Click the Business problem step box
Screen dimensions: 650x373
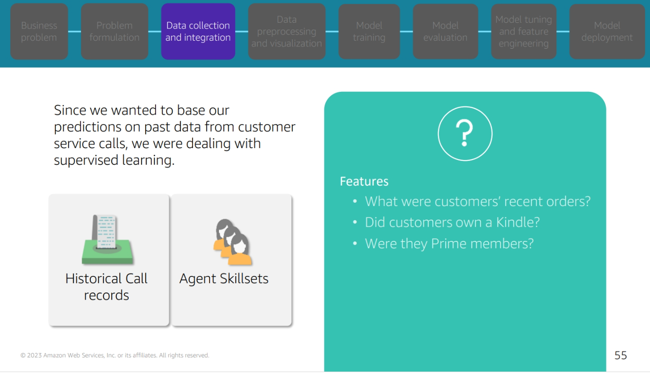coord(39,31)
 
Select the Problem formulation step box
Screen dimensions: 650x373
coord(114,31)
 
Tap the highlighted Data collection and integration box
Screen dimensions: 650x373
coord(198,31)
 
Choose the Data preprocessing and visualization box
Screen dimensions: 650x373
coord(287,31)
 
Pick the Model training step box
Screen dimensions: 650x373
coord(369,31)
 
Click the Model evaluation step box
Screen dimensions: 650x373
coord(446,31)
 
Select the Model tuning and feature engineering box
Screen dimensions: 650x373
coord(524,31)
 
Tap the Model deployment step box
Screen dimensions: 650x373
coord(607,31)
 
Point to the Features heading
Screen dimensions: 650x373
coord(364,181)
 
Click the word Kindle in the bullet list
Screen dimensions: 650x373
coord(518,222)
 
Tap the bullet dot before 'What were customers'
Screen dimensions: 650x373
coord(355,201)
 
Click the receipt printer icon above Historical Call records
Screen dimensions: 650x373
coord(107,240)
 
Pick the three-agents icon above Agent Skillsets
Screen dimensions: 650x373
coord(233,242)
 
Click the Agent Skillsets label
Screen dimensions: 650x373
coord(224,279)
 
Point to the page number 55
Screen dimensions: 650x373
coord(621,355)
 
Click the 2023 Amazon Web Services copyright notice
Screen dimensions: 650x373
coord(115,355)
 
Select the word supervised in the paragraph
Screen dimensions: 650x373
coord(86,160)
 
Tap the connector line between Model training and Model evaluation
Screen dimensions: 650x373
coord(406,31)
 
